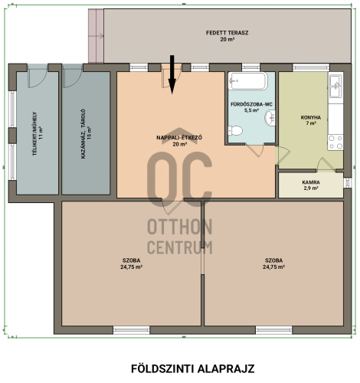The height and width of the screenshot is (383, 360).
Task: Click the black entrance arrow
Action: pyautogui.click(x=172, y=74)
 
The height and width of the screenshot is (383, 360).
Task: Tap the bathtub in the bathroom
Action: pyautogui.click(x=248, y=81)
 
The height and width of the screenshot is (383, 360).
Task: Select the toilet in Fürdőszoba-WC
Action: pyautogui.click(x=235, y=130)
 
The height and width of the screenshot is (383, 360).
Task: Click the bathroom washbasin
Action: pyautogui.click(x=270, y=118)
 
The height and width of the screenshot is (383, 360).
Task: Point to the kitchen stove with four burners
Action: pyautogui.click(x=335, y=142)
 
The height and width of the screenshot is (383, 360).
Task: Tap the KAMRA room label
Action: pyautogui.click(x=311, y=182)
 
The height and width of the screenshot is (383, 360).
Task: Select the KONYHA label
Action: pyautogui.click(x=311, y=118)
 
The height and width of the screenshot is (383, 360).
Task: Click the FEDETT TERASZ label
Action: pyautogui.click(x=227, y=33)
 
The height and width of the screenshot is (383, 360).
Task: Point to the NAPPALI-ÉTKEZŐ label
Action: pyautogui.click(x=179, y=138)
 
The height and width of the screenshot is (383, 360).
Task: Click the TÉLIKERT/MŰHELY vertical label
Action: pyautogui.click(x=35, y=134)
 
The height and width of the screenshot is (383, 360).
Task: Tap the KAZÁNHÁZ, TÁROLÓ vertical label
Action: pyautogui.click(x=83, y=134)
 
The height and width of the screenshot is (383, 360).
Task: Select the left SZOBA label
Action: pyautogui.click(x=131, y=260)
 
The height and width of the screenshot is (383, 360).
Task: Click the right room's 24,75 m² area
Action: pyautogui.click(x=273, y=267)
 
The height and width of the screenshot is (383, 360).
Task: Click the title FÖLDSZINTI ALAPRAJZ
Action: pyautogui.click(x=193, y=368)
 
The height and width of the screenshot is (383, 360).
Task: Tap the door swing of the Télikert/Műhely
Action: pyautogui.click(x=38, y=76)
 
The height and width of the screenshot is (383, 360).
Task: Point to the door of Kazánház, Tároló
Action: pyautogui.click(x=72, y=76)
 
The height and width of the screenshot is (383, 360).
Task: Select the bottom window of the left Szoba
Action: pyautogui.click(x=131, y=330)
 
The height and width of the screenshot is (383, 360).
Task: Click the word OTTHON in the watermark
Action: pyautogui.click(x=180, y=227)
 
